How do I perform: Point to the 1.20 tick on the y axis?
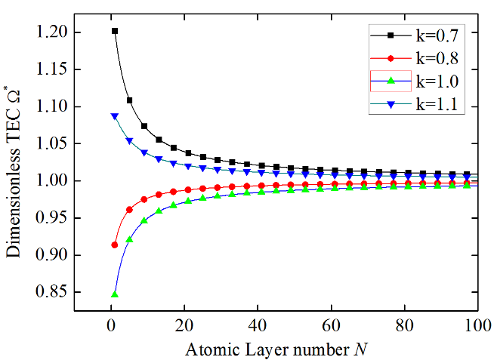(51, 32)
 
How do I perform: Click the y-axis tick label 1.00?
(51, 181)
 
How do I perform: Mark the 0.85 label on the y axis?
(51, 292)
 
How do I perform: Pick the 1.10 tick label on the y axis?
(51, 106)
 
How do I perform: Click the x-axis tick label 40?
(258, 325)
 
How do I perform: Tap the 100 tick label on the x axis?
(477, 325)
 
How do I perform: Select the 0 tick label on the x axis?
(111, 325)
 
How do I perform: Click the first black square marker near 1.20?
(115, 31)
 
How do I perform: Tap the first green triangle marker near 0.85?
(115, 294)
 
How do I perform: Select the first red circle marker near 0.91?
(115, 245)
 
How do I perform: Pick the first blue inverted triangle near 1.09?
(115, 116)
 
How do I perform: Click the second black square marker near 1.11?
(129, 100)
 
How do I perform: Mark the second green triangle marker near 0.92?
(129, 239)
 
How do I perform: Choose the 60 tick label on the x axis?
(331, 325)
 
